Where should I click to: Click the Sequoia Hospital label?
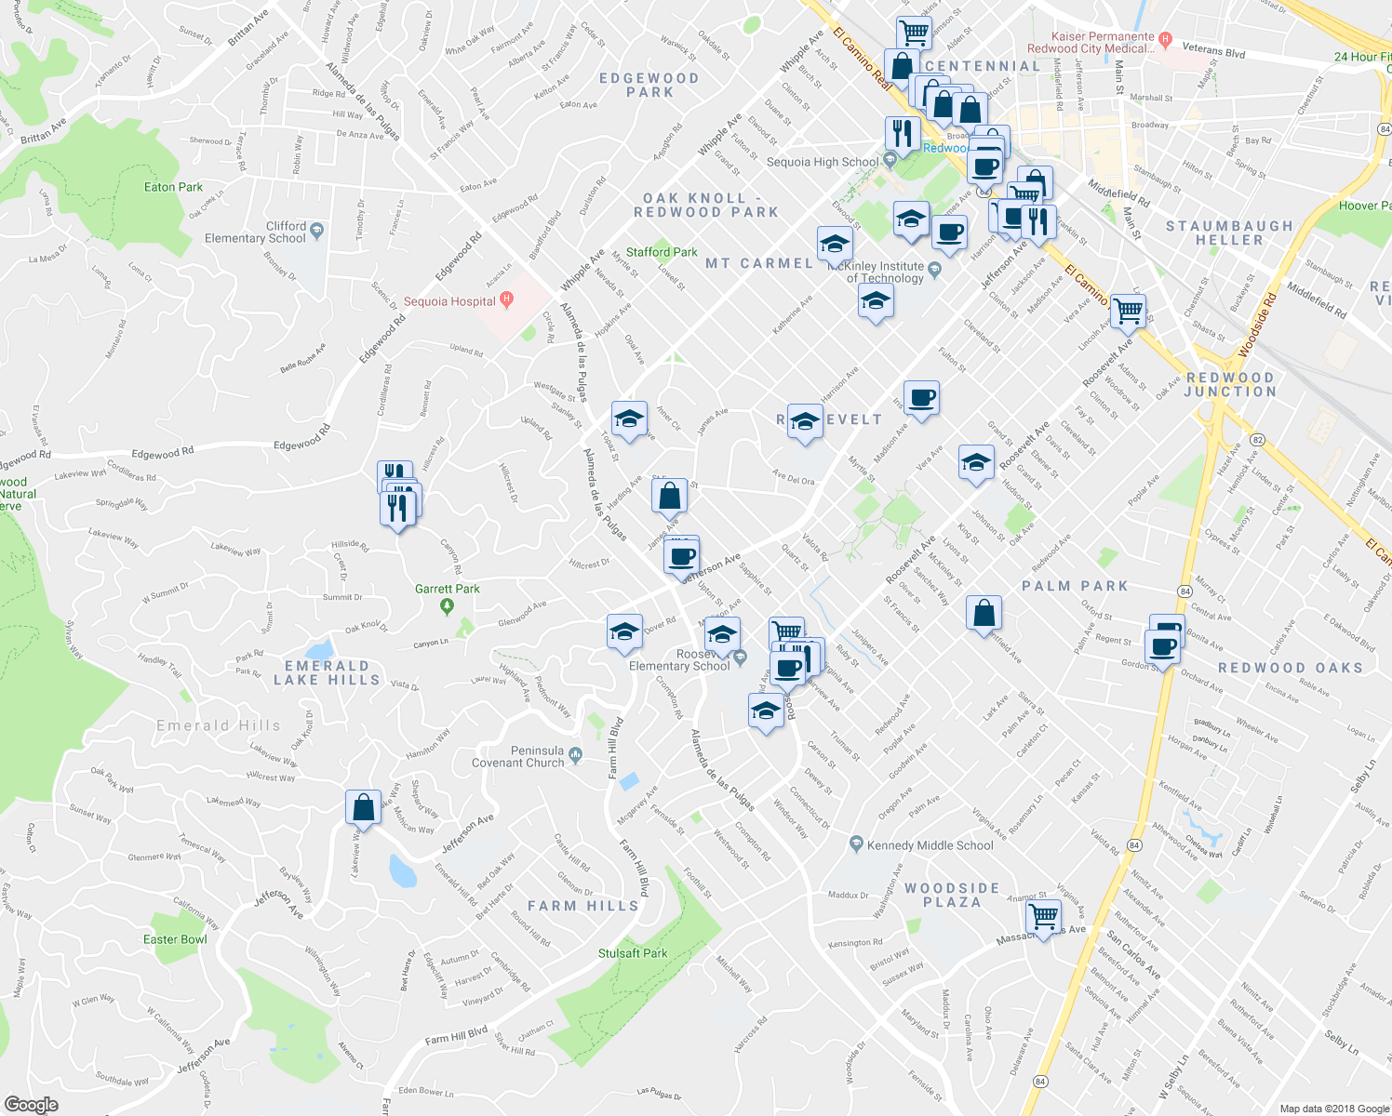point(449,301)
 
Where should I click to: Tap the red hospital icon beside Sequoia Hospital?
point(506,299)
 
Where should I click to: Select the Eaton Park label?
point(173,187)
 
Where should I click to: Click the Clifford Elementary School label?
point(255,232)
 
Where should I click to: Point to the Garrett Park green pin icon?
point(447,607)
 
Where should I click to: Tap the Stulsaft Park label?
point(633,953)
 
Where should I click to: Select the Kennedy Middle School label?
point(930,845)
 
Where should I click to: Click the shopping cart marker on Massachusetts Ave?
point(1043,917)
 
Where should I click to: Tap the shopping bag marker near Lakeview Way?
point(363,807)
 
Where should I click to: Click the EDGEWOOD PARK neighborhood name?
point(649,85)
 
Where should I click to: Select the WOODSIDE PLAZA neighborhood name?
point(952,895)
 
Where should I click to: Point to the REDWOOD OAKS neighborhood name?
point(1290,668)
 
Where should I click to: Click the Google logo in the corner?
point(31,1104)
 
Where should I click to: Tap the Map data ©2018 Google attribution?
point(1333,1109)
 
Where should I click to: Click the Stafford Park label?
point(662,252)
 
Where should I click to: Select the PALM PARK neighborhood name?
point(1075,586)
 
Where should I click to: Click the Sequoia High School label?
point(822,162)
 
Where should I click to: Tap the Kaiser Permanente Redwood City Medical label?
point(1090,43)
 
